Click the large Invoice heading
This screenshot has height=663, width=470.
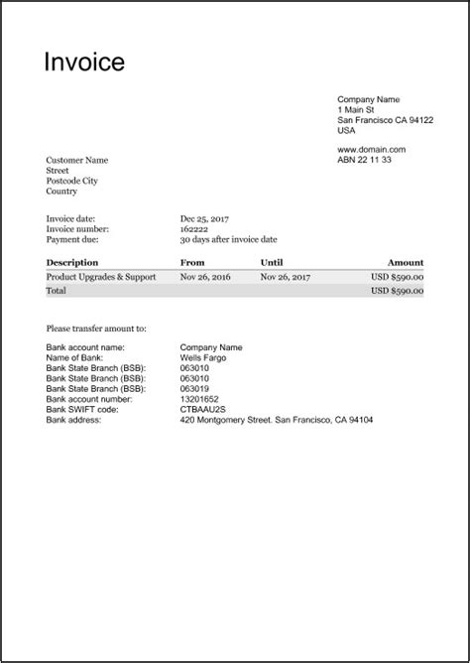[x=84, y=63]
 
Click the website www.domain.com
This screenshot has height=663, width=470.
[x=372, y=149]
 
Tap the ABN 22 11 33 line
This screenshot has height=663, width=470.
[x=364, y=160]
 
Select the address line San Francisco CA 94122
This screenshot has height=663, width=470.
[x=385, y=119]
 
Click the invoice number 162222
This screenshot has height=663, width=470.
[x=194, y=229]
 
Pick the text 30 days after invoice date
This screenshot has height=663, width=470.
[x=228, y=240]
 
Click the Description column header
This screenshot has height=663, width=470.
[x=71, y=263]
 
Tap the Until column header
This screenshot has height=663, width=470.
[x=272, y=263]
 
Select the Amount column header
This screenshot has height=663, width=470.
[x=406, y=263]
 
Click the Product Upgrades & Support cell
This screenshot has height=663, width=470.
[x=100, y=277]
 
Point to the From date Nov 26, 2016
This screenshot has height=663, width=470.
[x=205, y=277]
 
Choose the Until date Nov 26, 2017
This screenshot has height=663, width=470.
[x=286, y=277]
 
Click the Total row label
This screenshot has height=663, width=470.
[x=57, y=292]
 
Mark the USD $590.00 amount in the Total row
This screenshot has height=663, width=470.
[x=398, y=292]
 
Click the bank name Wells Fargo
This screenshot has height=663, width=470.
[x=201, y=357]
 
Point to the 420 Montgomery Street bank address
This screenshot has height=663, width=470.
[x=277, y=420]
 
